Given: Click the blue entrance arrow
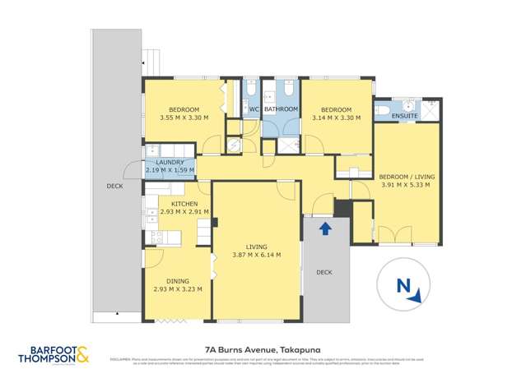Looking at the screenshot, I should [325, 227].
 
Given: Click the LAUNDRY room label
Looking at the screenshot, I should [170, 163].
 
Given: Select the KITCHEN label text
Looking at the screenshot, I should [184, 203].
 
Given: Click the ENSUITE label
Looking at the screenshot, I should [405, 116].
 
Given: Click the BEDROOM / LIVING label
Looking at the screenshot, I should [407, 177].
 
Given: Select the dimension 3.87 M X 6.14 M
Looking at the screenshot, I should [256, 255].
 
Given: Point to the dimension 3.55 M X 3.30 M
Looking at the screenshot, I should [184, 118].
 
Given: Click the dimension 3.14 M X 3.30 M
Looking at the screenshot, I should [337, 118].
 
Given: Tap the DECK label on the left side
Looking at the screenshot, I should [115, 186].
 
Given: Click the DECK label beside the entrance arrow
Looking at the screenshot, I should [324, 272].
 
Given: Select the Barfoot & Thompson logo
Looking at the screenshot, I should [55, 355].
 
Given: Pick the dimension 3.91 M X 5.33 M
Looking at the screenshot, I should [407, 185].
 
